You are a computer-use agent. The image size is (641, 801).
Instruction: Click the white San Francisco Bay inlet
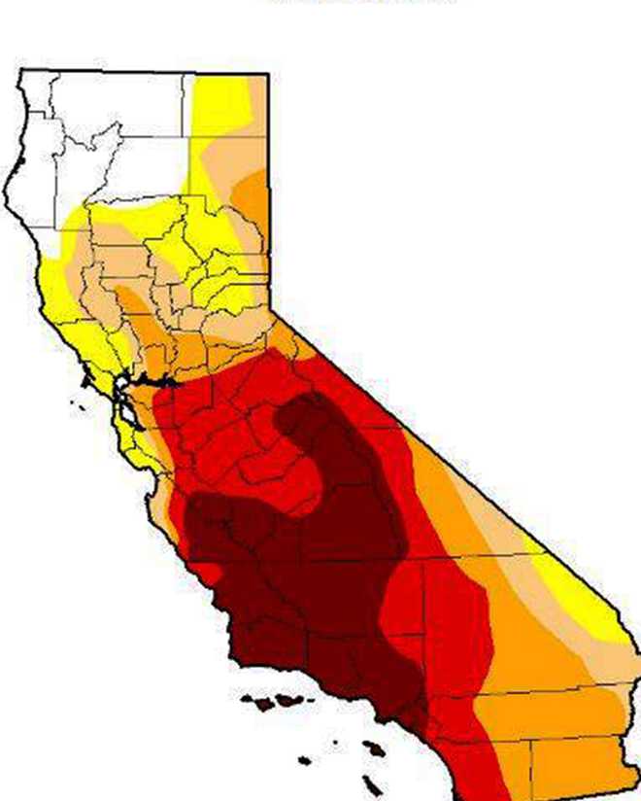click(122, 400)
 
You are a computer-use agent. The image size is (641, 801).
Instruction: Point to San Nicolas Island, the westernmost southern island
click(305, 760)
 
